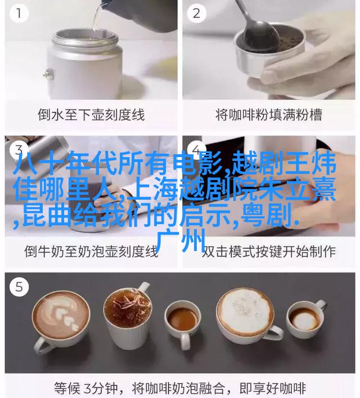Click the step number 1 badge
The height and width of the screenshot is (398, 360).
pos(19,14)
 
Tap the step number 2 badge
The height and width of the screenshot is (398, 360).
pos(196,14)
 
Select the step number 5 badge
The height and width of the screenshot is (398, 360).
pos(19,287)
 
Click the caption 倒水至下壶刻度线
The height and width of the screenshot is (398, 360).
pos(91,115)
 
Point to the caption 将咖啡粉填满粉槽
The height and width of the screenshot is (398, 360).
pos(269,115)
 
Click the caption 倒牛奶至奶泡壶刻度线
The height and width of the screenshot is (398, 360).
pos(91,251)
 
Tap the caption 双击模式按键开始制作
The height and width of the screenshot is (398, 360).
pos(269,251)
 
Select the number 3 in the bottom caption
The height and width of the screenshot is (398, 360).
pos(87,388)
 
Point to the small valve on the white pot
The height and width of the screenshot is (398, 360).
pos(49,74)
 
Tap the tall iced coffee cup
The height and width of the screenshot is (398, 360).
pos(128,317)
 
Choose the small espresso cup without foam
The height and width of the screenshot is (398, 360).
pos(182,321)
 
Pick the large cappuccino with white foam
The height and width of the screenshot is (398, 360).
pos(247,315)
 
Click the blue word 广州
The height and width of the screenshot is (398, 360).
pos(181,240)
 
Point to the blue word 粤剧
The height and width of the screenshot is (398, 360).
pos(265,216)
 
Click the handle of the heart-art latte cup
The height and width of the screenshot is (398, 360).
pos(42,345)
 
